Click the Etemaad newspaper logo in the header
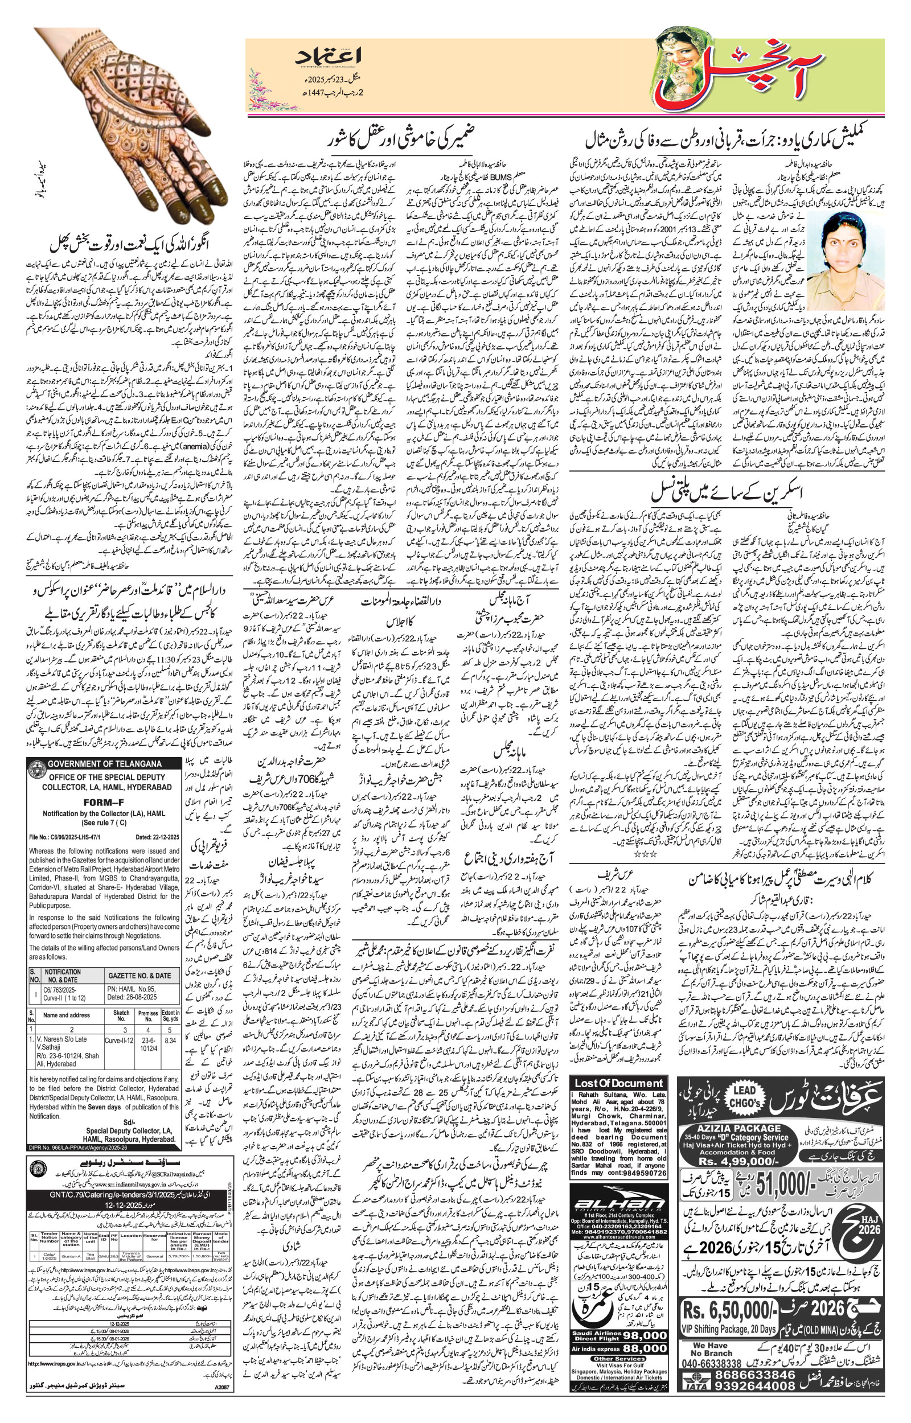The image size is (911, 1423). [x=329, y=59]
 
